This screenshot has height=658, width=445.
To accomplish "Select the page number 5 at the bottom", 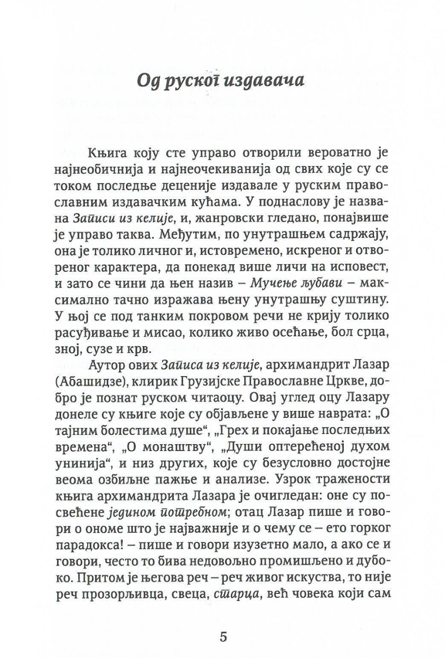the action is point(222,618).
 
